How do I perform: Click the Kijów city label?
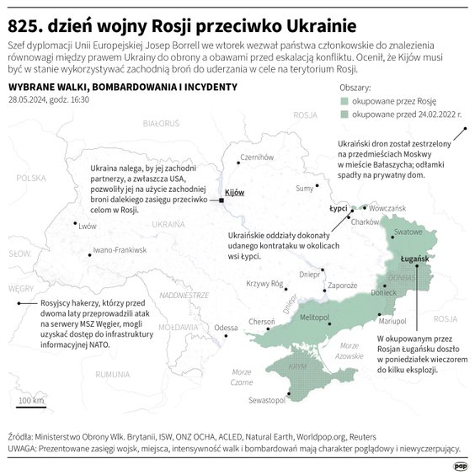point(235,193)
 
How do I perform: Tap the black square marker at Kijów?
point(221,200)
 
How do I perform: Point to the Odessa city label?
point(226,327)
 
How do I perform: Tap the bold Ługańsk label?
point(415,260)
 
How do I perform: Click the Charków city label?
point(362,221)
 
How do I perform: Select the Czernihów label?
point(259,157)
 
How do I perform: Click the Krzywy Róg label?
point(263,284)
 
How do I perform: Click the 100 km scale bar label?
point(31,400)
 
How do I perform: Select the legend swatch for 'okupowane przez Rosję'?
point(344,99)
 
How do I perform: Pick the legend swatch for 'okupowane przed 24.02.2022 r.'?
point(344,112)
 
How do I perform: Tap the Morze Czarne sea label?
point(241,376)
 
